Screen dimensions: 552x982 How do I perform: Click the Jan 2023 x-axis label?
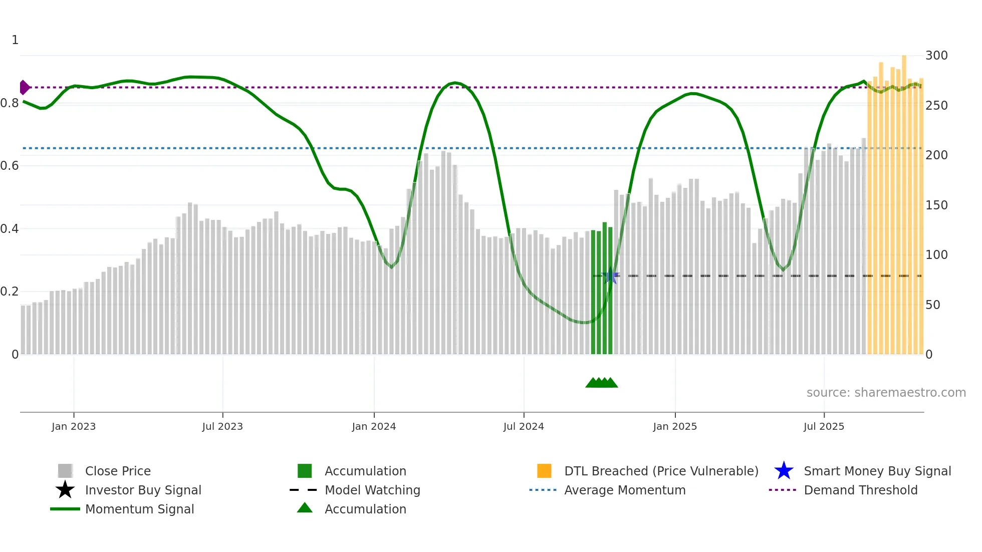click(x=74, y=426)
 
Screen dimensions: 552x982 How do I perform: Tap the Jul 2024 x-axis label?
click(x=524, y=426)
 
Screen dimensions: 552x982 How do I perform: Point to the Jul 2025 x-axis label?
click(x=824, y=426)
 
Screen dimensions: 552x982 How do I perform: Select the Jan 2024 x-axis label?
click(x=374, y=426)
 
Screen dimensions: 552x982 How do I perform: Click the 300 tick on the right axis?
click(x=936, y=56)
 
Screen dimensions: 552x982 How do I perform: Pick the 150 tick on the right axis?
click(x=936, y=205)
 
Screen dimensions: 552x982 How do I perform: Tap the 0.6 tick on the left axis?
click(x=10, y=166)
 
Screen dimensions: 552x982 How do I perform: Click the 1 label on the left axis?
click(x=15, y=40)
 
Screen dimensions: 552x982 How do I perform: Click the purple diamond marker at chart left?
click(x=24, y=87)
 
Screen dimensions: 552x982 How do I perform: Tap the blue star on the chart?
click(x=610, y=276)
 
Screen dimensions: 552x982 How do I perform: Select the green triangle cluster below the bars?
click(x=601, y=383)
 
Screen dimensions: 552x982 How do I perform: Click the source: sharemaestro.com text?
click(x=886, y=393)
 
